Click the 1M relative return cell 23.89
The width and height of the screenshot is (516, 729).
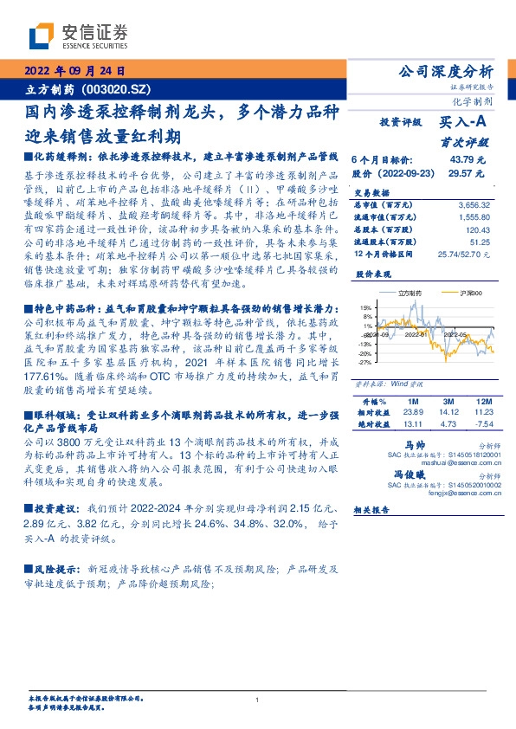(411, 414)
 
